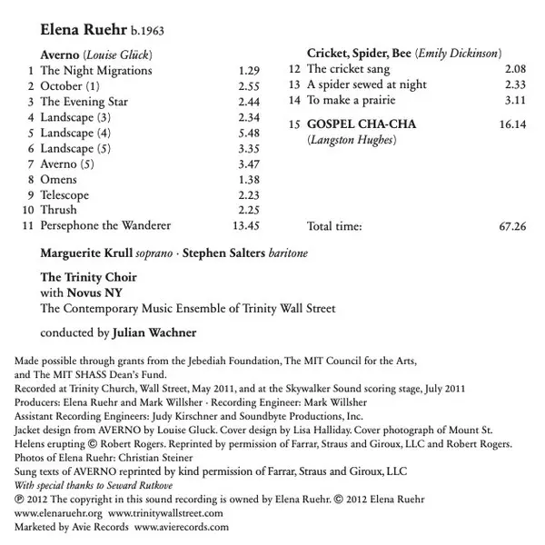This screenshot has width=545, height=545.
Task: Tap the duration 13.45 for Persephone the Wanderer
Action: [247, 225]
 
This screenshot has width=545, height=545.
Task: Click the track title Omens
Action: [59, 180]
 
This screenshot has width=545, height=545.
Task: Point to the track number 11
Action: [28, 225]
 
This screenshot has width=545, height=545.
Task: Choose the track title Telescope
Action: [65, 195]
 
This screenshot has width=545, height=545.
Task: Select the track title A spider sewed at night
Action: [365, 84]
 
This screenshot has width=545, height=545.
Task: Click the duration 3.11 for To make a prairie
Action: [514, 100]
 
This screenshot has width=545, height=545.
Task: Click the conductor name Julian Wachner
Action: [160, 333]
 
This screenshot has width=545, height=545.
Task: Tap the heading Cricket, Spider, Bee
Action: [359, 54]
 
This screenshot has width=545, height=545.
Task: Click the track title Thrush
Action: [59, 210]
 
